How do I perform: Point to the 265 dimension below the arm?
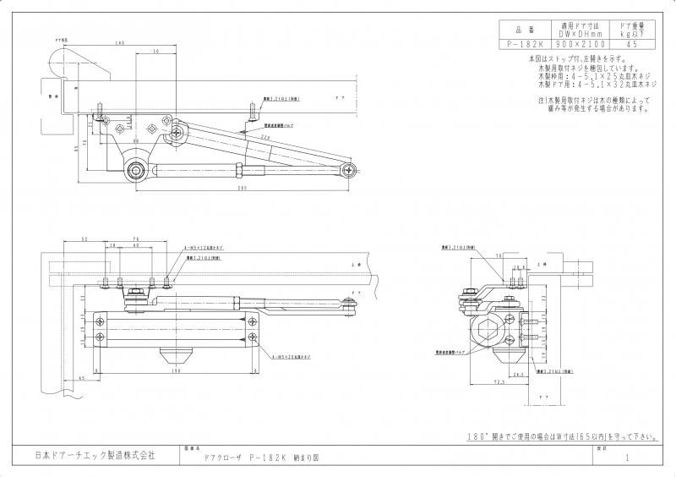pyautogui.click(x=242, y=189)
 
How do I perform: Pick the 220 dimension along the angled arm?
pyautogui.click(x=265, y=137)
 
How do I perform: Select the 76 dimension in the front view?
pyautogui.click(x=136, y=239)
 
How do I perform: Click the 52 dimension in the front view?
pyautogui.click(x=85, y=239)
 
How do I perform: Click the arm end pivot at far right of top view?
pyautogui.click(x=349, y=171)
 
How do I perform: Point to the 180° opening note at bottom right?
pyautogui.click(x=563, y=437)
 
